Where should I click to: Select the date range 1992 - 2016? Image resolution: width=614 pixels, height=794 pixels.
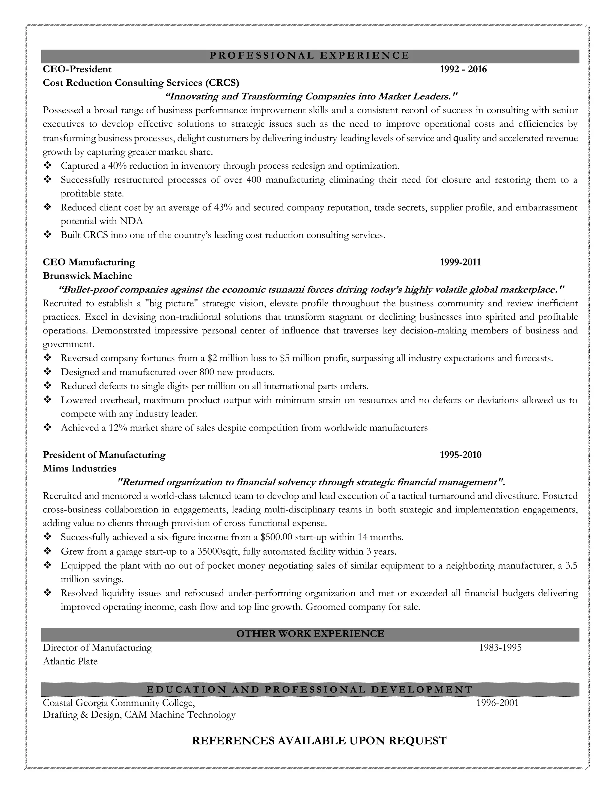pos(463,69)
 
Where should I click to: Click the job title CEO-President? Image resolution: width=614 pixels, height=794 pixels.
pos(77,69)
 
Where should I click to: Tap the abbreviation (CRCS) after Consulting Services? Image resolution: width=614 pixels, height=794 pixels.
pos(222,83)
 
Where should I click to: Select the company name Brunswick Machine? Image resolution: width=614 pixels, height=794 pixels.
pos(87,276)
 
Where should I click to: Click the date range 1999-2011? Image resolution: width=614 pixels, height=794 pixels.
pos(460,262)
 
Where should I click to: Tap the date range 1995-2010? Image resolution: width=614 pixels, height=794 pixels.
pos(460,455)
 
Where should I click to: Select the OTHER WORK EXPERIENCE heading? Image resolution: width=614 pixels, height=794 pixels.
pos(310,634)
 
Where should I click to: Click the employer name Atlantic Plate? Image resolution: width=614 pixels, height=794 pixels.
pos(70,661)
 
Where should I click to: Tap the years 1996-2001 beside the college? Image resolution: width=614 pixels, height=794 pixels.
pos(497,703)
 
